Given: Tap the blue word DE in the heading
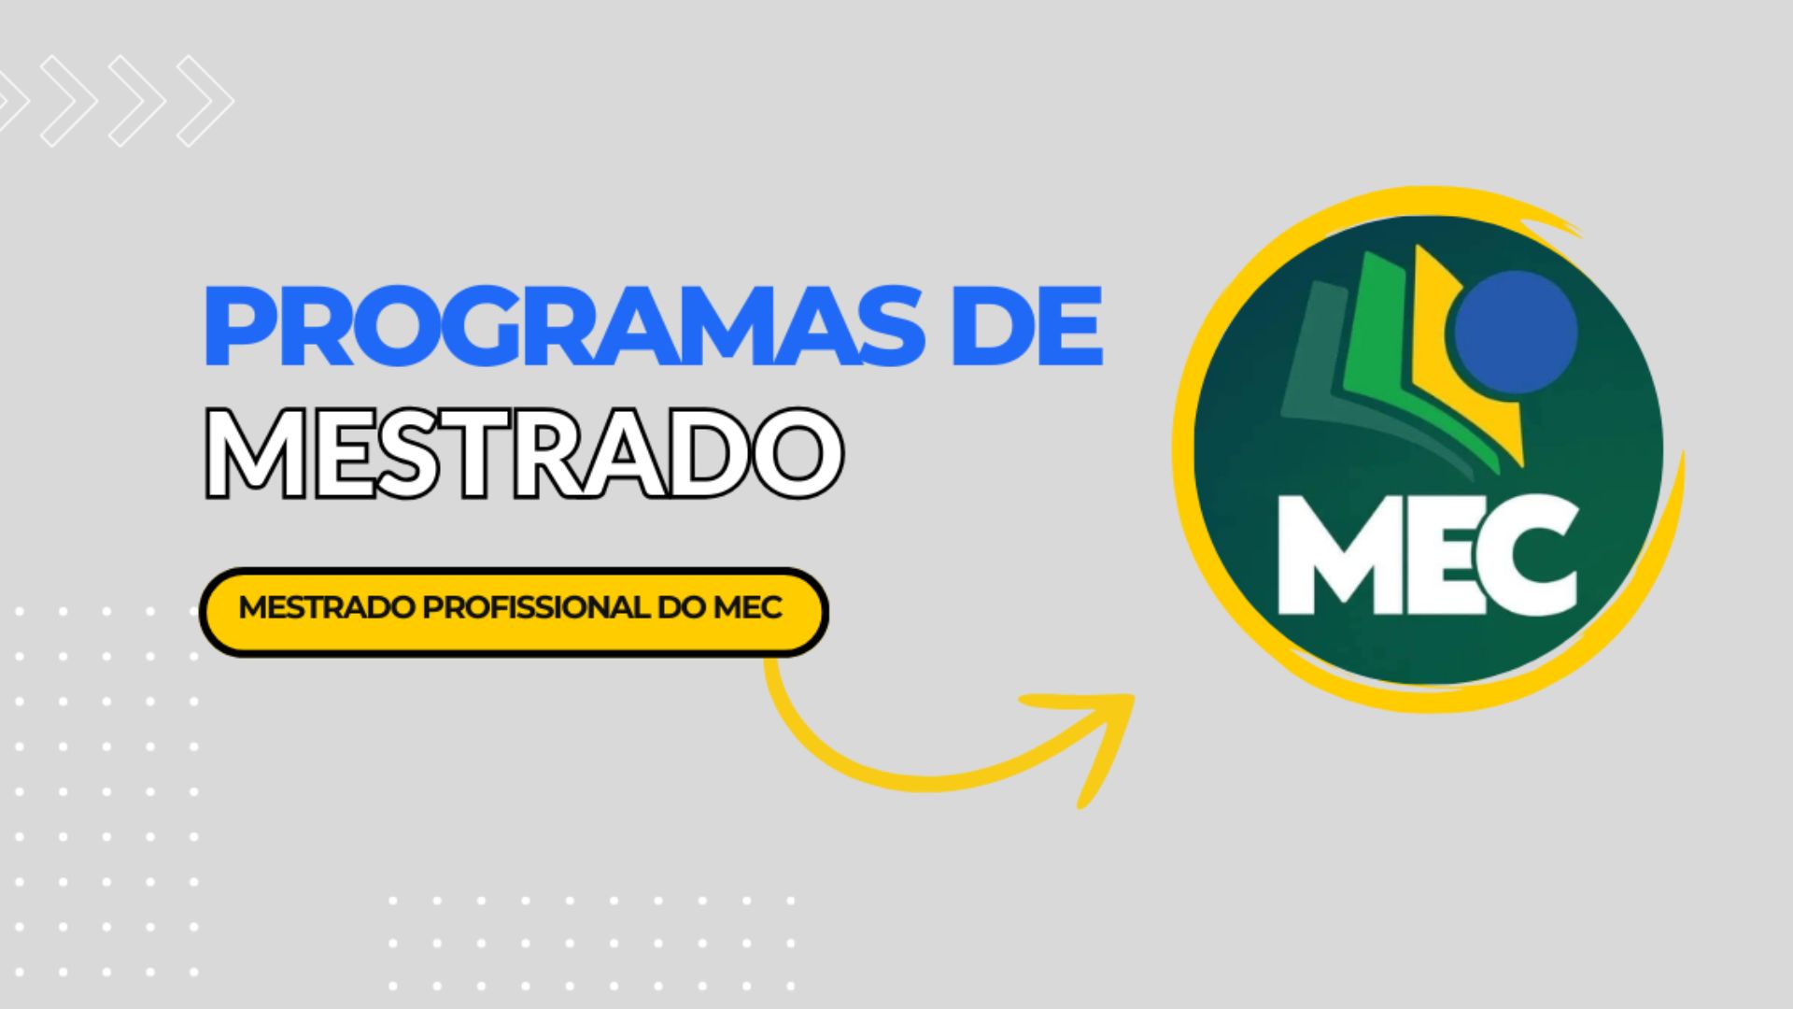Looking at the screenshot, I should pos(1026,328).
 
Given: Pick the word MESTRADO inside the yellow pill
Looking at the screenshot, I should pos(327,608).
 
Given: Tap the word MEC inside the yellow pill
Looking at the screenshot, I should pos(747,608).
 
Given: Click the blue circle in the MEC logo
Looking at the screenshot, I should pos(1516,332).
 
